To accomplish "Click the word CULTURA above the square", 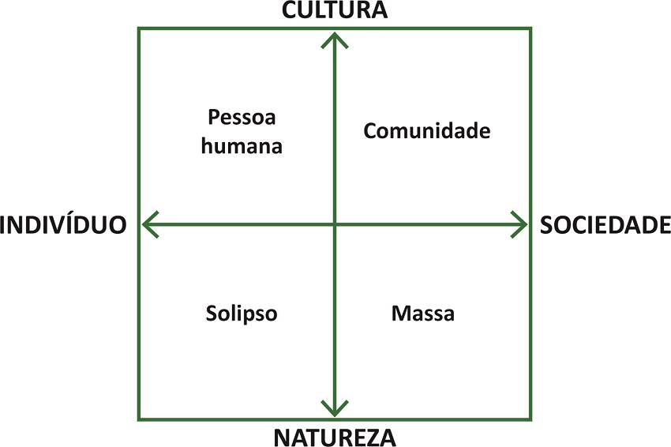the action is pyautogui.click(x=335, y=10).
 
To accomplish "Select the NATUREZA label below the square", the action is pyautogui.click(x=335, y=436).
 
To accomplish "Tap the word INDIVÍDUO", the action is pyautogui.click(x=63, y=224).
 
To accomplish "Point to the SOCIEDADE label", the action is pyautogui.click(x=605, y=224).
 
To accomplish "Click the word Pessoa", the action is pyautogui.click(x=242, y=118).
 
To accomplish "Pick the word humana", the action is pyautogui.click(x=242, y=146).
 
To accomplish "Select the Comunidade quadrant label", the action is pyautogui.click(x=426, y=131).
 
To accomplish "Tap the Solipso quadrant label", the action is pyautogui.click(x=242, y=314).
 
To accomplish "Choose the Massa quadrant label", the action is pyautogui.click(x=423, y=314).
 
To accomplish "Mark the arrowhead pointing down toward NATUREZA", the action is pyautogui.click(x=335, y=410).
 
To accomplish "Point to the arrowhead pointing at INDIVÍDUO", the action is pyautogui.click(x=148, y=224).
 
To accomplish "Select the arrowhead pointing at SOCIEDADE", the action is pyautogui.click(x=520, y=224).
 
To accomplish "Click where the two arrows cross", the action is pyautogui.click(x=335, y=224).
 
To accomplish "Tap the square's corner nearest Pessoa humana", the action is pyautogui.click(x=140, y=29).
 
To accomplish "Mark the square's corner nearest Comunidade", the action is pyautogui.click(x=530, y=29).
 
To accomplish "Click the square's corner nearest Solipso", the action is pyautogui.click(x=140, y=419).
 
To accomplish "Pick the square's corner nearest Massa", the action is pyautogui.click(x=530, y=419).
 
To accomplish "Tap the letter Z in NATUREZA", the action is pyautogui.click(x=370, y=436).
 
